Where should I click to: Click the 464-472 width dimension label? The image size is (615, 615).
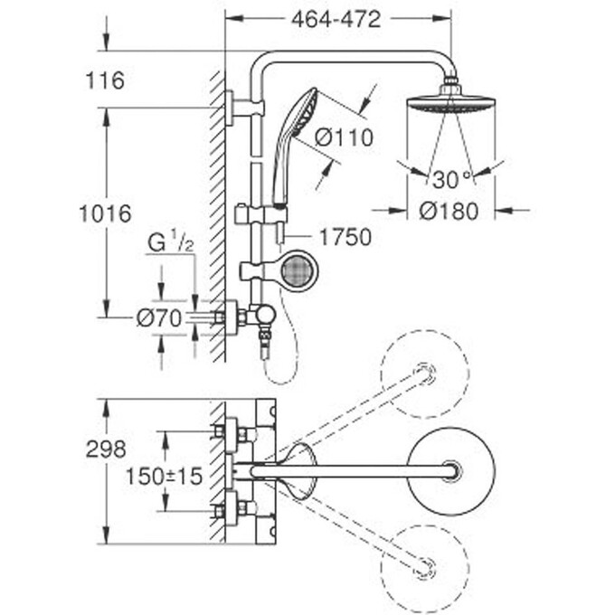(336, 19)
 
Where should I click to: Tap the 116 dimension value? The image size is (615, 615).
(106, 80)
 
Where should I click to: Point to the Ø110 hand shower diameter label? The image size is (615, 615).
(344, 137)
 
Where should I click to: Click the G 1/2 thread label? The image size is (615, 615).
(171, 243)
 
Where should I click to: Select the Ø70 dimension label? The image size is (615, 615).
(159, 317)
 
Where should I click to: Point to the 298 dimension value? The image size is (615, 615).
(107, 449)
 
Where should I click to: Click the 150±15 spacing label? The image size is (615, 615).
(166, 475)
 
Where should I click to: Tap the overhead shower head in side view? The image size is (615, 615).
(449, 102)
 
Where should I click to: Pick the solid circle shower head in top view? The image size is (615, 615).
(450, 470)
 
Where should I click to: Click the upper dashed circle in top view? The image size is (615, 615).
(424, 368)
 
